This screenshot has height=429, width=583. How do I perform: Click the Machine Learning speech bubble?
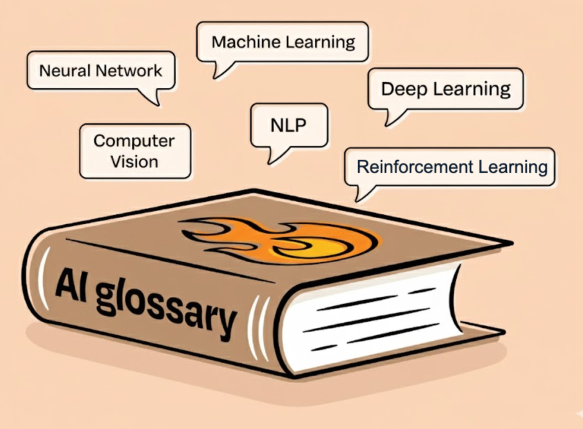(x=283, y=42)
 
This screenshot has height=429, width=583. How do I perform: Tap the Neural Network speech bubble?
(x=100, y=70)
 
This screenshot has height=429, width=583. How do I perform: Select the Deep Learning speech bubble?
(x=445, y=89)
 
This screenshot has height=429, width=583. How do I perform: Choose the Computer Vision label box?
(x=134, y=151)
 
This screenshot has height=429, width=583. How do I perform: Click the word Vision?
(x=134, y=162)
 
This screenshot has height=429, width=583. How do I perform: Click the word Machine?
(x=244, y=42)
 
